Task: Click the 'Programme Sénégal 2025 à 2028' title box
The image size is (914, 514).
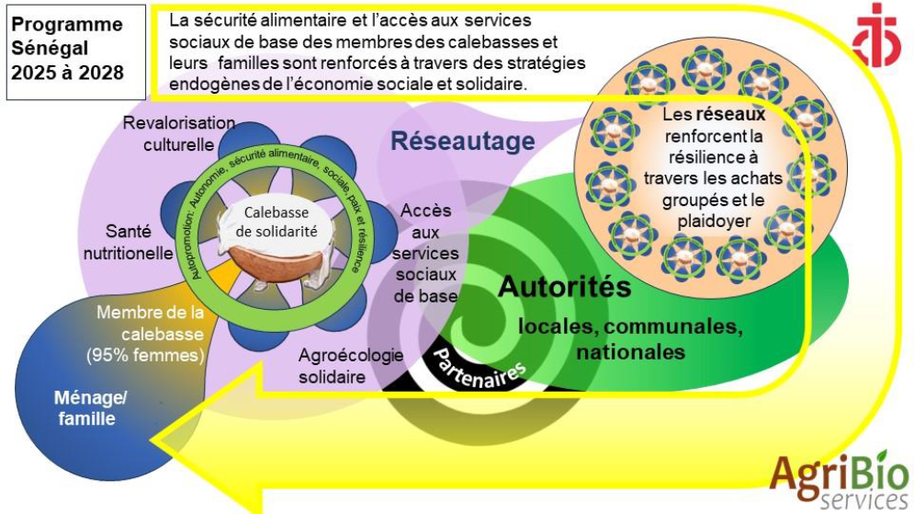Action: click(74, 51)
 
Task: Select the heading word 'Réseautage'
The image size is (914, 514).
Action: click(462, 142)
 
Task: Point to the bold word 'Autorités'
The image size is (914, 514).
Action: click(564, 287)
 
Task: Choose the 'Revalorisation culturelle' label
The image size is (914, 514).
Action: click(179, 134)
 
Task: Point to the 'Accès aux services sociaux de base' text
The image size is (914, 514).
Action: click(426, 254)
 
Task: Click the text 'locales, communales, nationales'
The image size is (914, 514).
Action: click(630, 338)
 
